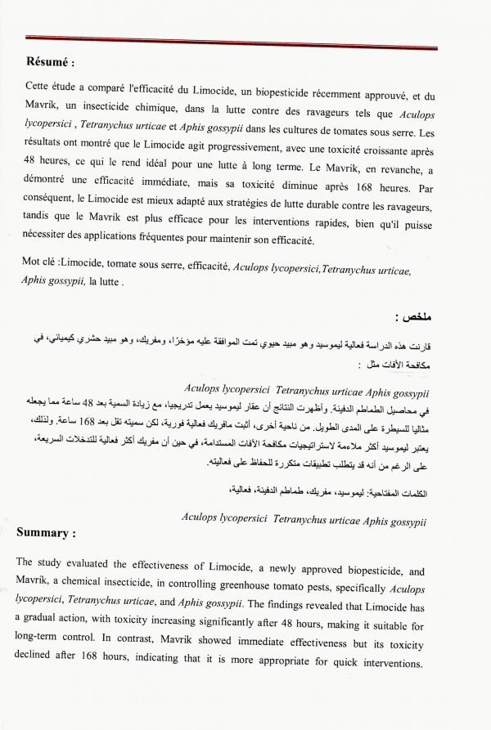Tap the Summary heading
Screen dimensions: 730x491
tap(46, 533)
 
